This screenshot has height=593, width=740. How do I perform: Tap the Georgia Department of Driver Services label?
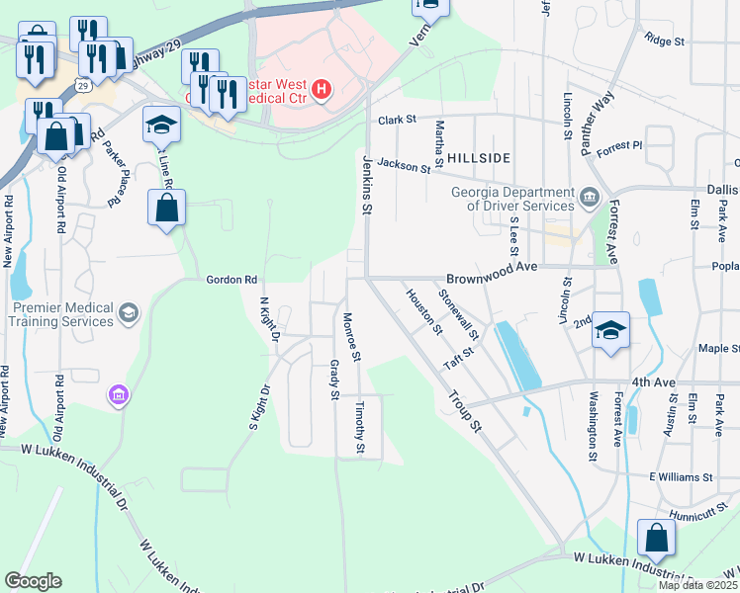click(511, 199)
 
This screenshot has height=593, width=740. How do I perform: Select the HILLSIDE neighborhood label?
click(480, 158)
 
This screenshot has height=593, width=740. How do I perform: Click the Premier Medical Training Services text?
click(61, 315)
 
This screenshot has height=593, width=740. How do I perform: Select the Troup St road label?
click(463, 411)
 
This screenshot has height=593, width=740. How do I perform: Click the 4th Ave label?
click(653, 381)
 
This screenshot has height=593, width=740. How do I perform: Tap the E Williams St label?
click(681, 476)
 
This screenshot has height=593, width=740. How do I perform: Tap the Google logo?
click(34, 581)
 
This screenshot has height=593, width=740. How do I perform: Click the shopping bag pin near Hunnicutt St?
click(656, 540)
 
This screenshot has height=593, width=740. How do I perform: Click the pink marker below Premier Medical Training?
click(118, 395)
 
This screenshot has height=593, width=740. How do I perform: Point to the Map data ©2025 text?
click(697, 585)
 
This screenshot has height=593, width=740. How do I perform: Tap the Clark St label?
click(397, 120)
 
